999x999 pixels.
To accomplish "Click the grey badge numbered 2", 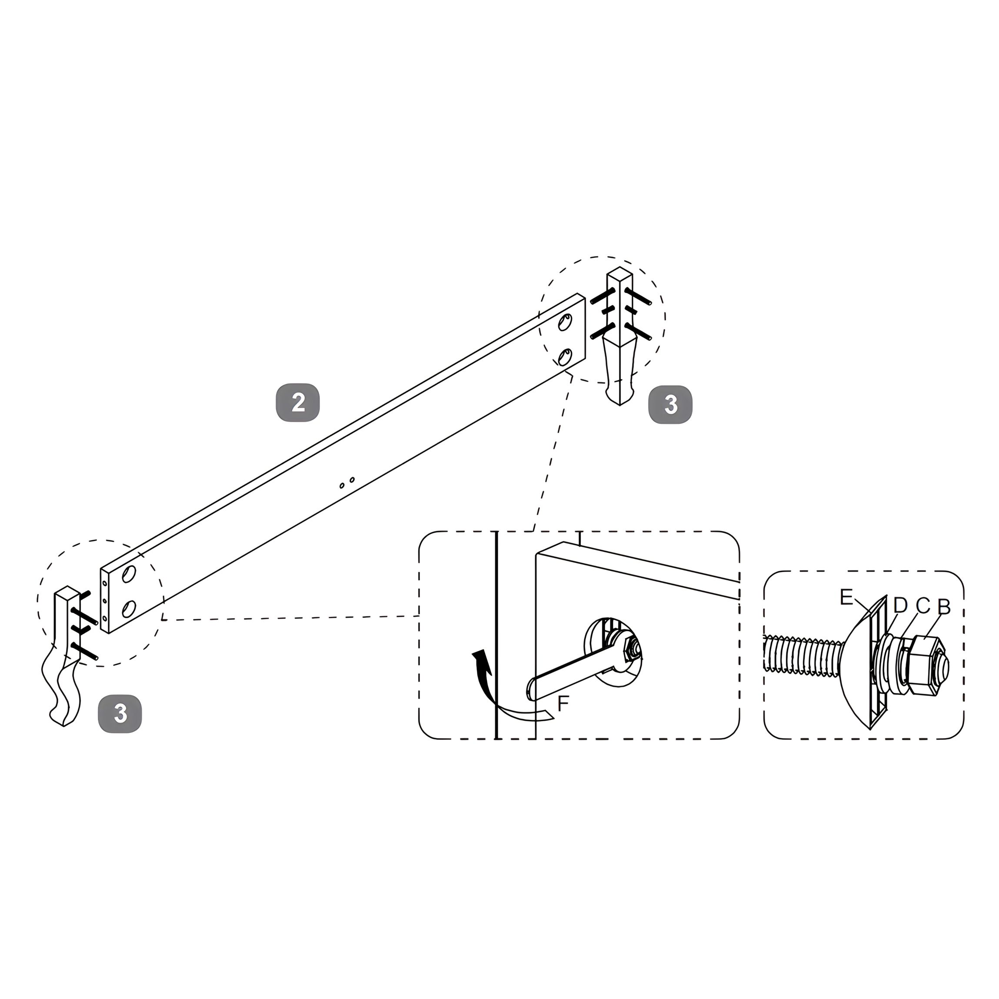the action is (298, 402).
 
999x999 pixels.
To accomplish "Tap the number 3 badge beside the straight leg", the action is (671, 404).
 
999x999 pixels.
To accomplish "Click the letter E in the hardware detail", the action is (846, 598).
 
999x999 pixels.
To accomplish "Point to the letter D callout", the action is (900, 606).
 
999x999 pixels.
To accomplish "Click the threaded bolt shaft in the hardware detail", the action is (805, 655).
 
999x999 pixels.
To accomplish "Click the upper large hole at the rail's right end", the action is (565, 323).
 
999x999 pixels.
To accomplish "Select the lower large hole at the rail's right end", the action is (565, 357).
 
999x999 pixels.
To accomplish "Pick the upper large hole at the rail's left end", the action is (128, 574).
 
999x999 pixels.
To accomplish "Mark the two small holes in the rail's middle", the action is (346, 483).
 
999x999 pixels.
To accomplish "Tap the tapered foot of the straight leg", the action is (620, 370).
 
